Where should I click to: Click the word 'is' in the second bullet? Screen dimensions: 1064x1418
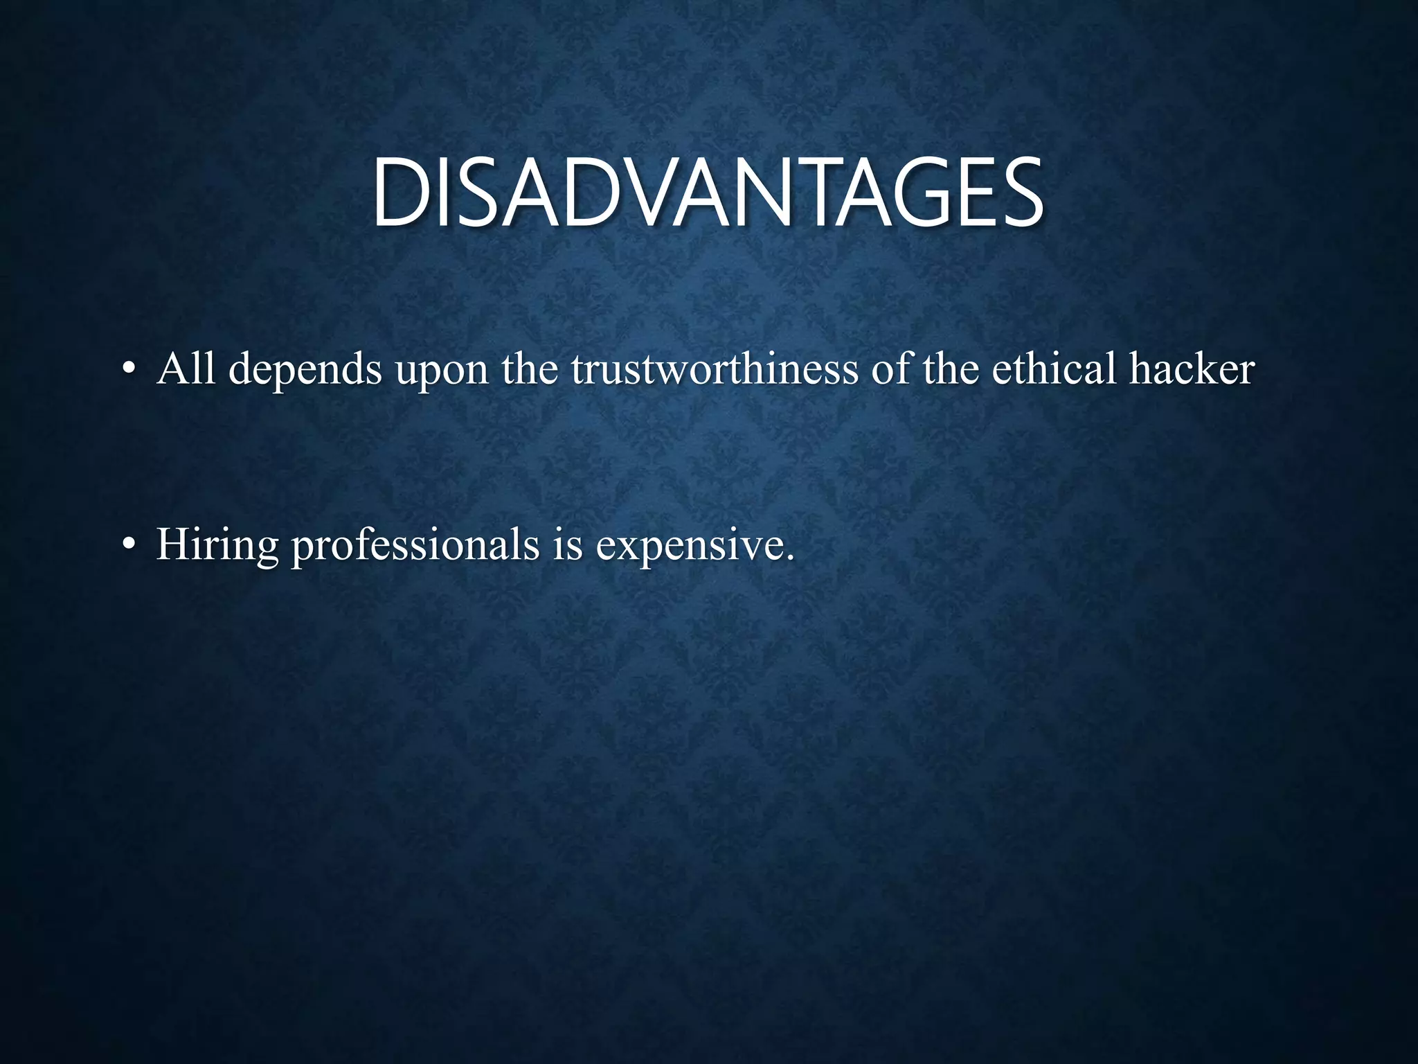pyautogui.click(x=568, y=544)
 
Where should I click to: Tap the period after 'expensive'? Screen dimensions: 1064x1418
pyautogui.click(x=789, y=558)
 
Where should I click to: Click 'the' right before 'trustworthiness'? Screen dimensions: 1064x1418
pyautogui.click(x=530, y=368)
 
